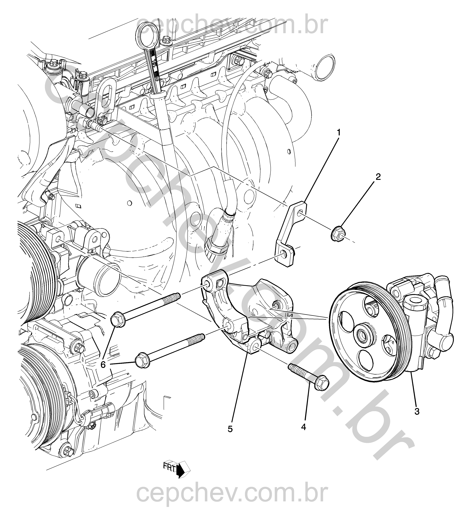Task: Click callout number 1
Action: click(x=339, y=133)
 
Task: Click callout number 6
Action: click(x=103, y=365)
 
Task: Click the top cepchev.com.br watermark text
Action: click(x=232, y=26)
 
